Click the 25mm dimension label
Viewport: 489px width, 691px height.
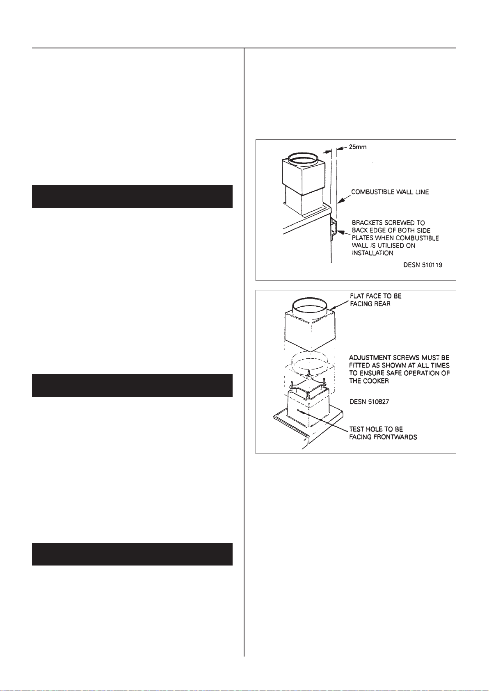(x=358, y=147)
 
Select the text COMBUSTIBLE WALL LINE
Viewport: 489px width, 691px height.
(x=390, y=192)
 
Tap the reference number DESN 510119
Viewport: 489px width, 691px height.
(x=423, y=265)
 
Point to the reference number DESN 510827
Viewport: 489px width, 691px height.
(x=369, y=401)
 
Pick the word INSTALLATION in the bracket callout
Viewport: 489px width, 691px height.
(x=372, y=253)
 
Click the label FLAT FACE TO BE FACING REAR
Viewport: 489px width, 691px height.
(x=376, y=300)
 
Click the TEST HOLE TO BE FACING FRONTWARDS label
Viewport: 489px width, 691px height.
(x=383, y=433)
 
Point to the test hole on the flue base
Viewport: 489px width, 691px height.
(x=298, y=410)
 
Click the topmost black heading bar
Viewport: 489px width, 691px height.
(x=132, y=196)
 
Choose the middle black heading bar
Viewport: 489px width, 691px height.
(x=132, y=385)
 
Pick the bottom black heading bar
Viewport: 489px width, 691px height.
(x=132, y=554)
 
